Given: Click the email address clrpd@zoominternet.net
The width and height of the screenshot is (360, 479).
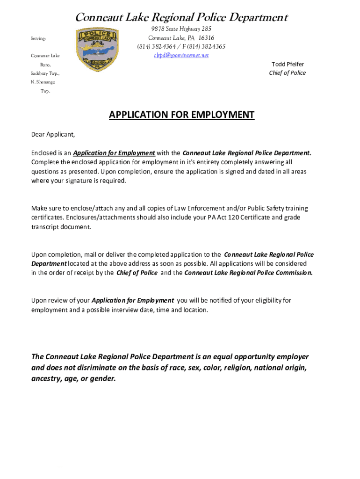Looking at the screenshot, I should pyautogui.click(x=181, y=55).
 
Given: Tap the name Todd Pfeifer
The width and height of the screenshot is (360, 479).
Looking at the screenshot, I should pyautogui.click(x=288, y=64).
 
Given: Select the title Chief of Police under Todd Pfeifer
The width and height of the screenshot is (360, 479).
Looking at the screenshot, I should pyautogui.click(x=287, y=73).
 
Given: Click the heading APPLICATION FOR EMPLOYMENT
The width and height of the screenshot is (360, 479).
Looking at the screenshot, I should pyautogui.click(x=181, y=115).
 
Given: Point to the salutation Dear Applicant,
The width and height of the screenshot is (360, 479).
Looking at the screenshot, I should pyautogui.click(x=53, y=135).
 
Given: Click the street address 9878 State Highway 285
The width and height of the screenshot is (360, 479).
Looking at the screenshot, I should pyautogui.click(x=181, y=29).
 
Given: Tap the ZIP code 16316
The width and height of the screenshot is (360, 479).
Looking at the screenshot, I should pyautogui.click(x=206, y=38).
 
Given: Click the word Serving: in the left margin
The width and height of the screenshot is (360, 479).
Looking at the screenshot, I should pyautogui.click(x=38, y=38).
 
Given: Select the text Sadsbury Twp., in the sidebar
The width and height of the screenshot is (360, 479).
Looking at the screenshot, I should pyautogui.click(x=45, y=73).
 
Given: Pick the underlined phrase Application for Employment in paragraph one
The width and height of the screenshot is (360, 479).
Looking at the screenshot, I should pyautogui.click(x=114, y=153).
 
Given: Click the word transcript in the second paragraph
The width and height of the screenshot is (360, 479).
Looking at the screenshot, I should pyautogui.click(x=45, y=227).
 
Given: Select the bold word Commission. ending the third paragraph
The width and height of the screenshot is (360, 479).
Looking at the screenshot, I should pyautogui.click(x=294, y=273).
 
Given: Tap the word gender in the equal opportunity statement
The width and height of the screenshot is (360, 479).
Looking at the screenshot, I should pyautogui.click(x=102, y=378).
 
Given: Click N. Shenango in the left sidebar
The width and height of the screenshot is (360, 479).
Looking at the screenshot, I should pyautogui.click(x=43, y=82).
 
